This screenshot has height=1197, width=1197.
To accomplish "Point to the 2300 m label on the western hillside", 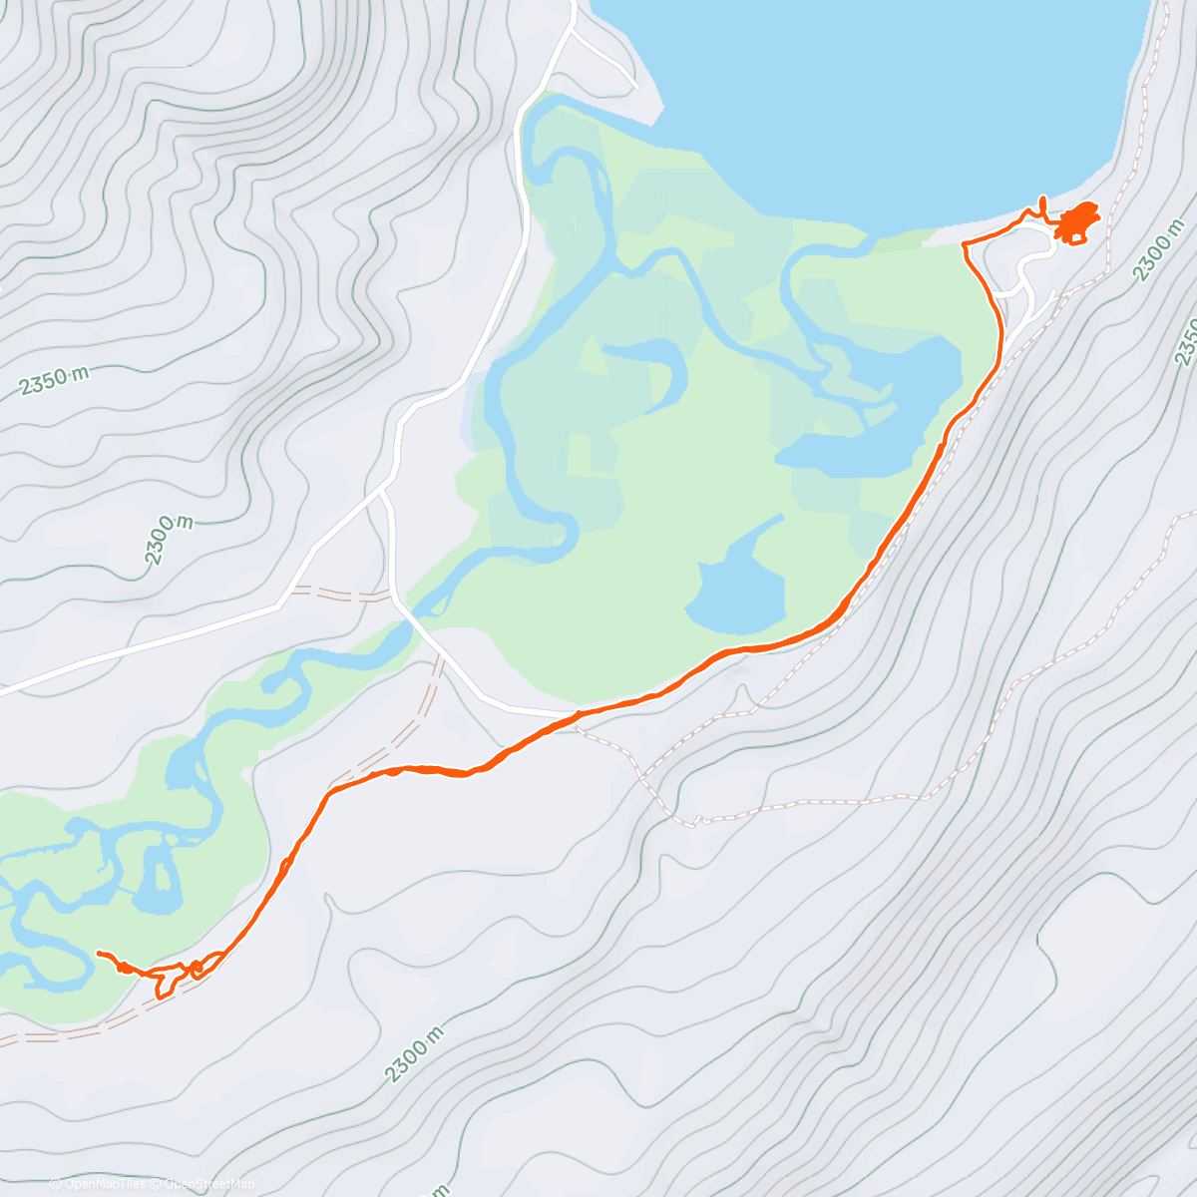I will coord(169,542).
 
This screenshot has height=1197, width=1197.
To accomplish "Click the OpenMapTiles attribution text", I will coord(104,1184).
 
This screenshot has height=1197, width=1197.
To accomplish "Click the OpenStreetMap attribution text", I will coord(208,1184).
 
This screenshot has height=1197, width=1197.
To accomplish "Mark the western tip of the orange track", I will coord(98,954).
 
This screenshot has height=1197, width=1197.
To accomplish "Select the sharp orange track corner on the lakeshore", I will coord(963,243).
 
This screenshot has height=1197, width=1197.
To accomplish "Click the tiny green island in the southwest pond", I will coord(158,876).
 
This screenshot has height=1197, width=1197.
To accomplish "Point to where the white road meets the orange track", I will coord(577,714).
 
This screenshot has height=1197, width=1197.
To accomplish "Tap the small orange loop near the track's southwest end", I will coord(197,966).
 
